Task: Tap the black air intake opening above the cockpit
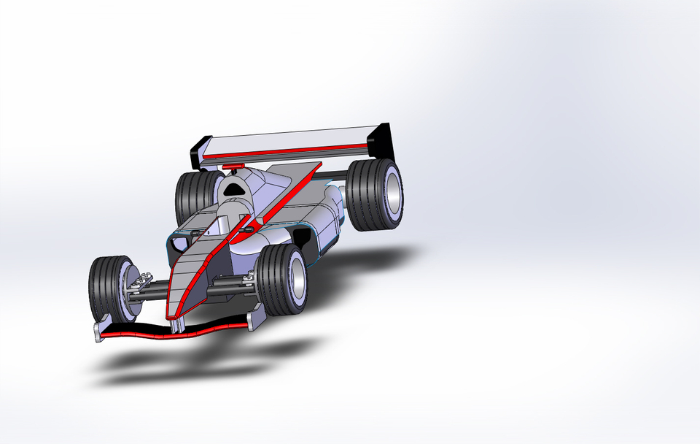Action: (236, 188)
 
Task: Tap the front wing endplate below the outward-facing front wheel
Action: (256, 317)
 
